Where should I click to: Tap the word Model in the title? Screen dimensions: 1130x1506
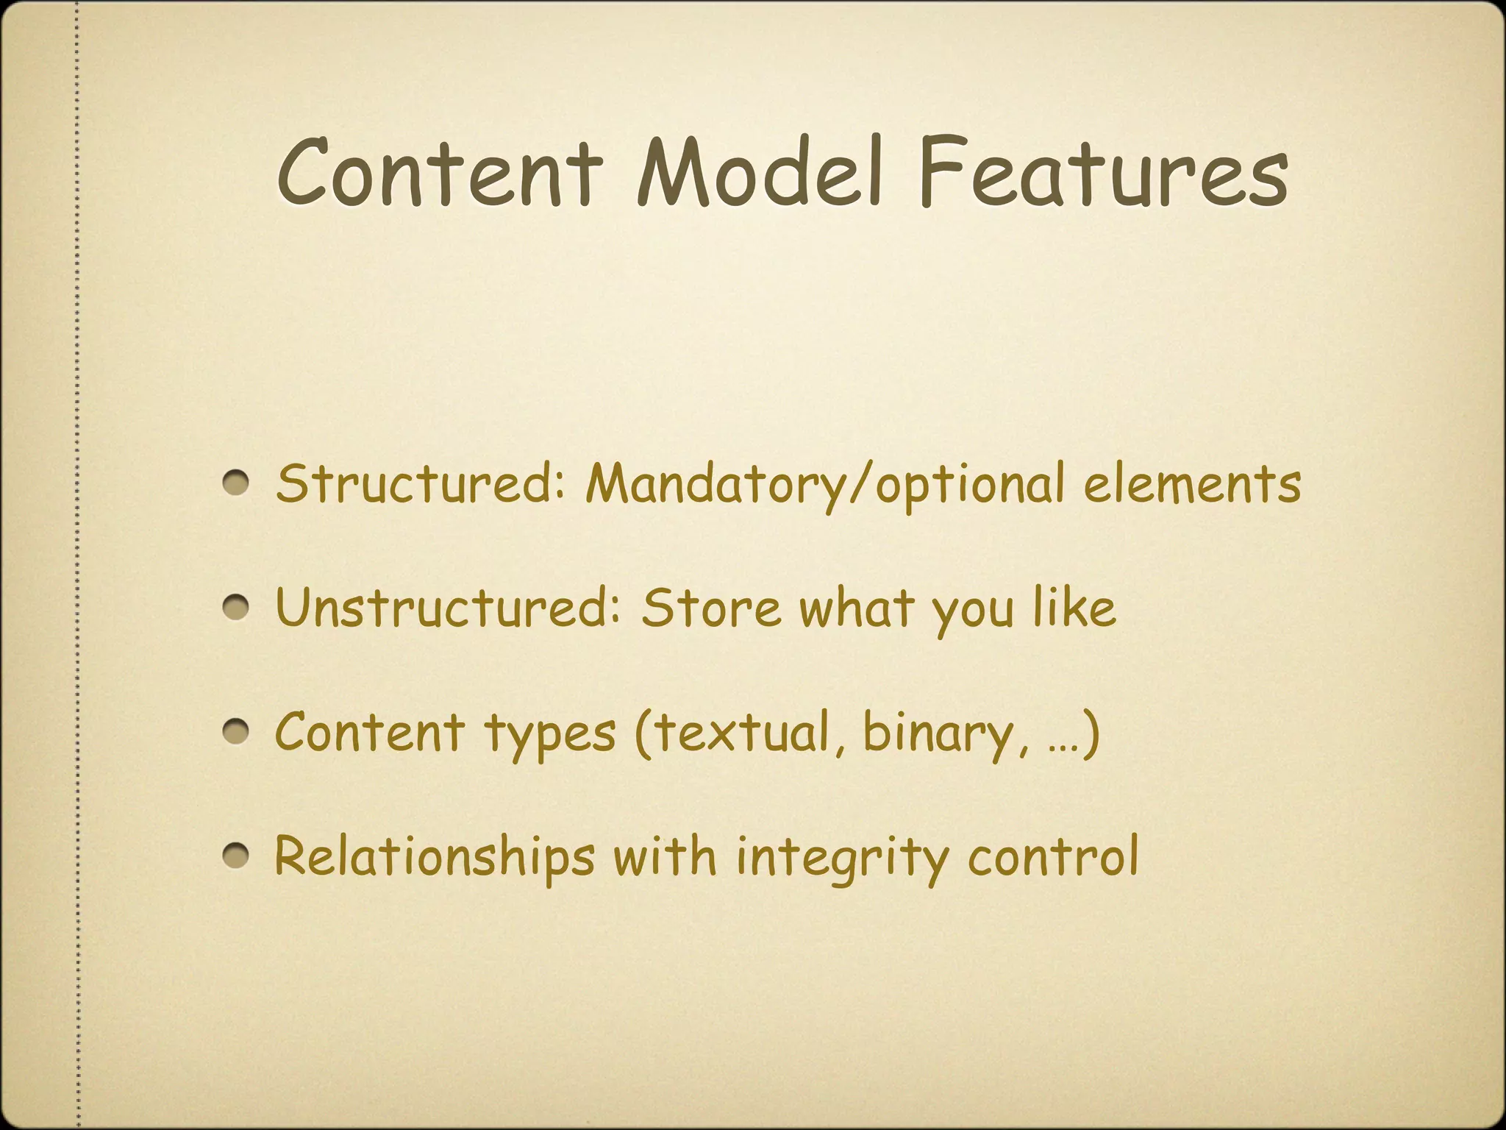pyautogui.click(x=758, y=174)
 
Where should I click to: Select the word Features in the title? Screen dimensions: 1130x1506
pyautogui.click(x=1102, y=174)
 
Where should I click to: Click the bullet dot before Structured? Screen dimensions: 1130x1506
pyautogui.click(x=238, y=484)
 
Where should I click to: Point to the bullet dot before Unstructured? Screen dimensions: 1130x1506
pyautogui.click(x=238, y=608)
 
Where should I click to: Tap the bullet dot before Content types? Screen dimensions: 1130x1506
pyautogui.click(x=238, y=733)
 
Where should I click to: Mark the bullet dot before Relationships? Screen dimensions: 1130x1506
pyautogui.click(x=238, y=856)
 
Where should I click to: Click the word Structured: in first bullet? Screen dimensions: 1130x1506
pyautogui.click(x=419, y=484)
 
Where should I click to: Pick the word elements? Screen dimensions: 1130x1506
pyautogui.click(x=1191, y=484)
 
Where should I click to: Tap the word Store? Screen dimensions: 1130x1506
pyautogui.click(x=710, y=608)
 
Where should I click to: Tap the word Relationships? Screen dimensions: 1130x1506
pyautogui.click(x=434, y=856)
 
